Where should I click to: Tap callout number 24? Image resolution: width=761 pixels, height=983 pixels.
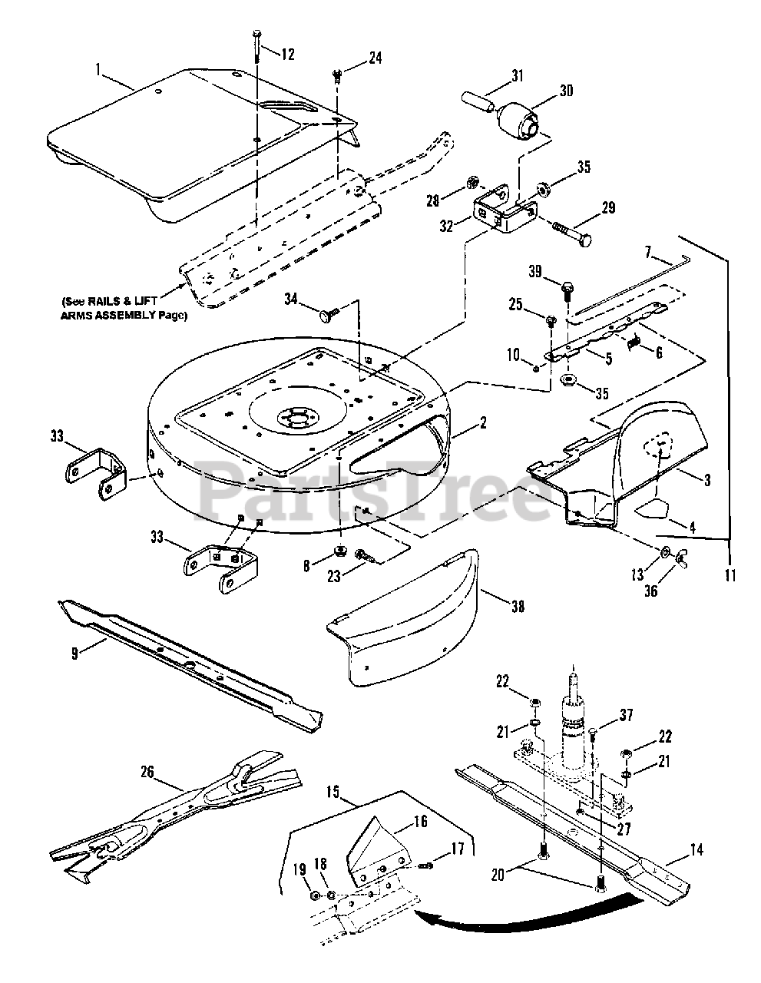click(x=354, y=58)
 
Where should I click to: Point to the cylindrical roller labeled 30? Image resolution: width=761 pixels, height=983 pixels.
click(x=521, y=120)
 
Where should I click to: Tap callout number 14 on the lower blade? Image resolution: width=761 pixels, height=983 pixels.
click(x=696, y=850)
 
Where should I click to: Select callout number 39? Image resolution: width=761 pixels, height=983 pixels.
click(x=535, y=270)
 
